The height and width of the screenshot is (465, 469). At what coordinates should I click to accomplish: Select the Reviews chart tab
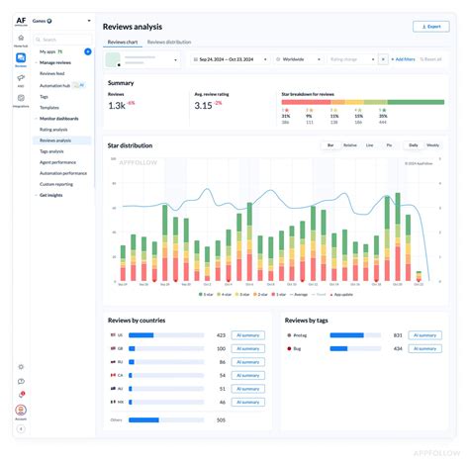pyautogui.click(x=123, y=43)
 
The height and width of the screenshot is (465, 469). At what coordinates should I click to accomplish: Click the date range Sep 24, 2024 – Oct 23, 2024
pyautogui.click(x=232, y=59)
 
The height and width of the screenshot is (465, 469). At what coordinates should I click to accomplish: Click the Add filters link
pyautogui.click(x=404, y=59)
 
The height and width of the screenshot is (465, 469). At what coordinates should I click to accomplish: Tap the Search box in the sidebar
pyautogui.click(x=63, y=40)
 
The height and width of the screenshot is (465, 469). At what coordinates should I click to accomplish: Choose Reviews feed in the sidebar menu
pyautogui.click(x=54, y=73)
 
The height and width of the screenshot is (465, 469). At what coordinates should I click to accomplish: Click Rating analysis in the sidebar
pyautogui.click(x=54, y=130)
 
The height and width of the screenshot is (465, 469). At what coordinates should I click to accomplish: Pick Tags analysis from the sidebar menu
pyautogui.click(x=53, y=151)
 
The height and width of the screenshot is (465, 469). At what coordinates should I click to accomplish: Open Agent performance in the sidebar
pyautogui.click(x=57, y=162)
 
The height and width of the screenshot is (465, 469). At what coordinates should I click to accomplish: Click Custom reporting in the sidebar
pyautogui.click(x=56, y=184)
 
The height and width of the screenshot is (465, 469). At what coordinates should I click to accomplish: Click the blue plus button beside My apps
pyautogui.click(x=87, y=50)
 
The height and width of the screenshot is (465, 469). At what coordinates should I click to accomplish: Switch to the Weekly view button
pyautogui.click(x=432, y=145)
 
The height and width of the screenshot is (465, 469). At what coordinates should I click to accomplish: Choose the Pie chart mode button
pyautogui.click(x=389, y=145)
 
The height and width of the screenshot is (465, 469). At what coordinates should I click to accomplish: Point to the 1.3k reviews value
pyautogui.click(x=116, y=105)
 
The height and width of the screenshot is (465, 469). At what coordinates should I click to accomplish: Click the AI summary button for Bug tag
pyautogui.click(x=426, y=348)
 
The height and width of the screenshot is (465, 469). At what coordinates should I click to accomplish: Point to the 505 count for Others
pyautogui.click(x=221, y=419)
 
